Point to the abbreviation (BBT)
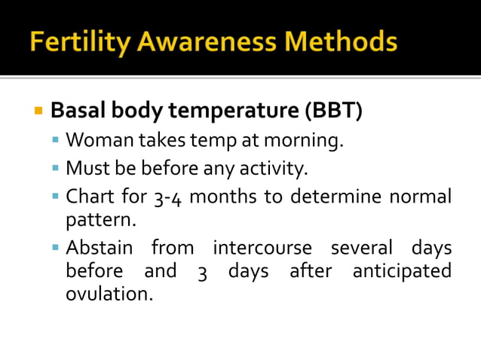click(332, 111)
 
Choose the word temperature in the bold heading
click(234, 112)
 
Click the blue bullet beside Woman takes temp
click(56, 140)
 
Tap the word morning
click(308, 140)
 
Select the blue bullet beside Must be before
click(56, 168)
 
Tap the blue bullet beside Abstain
click(56, 247)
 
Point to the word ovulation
click(109, 293)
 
